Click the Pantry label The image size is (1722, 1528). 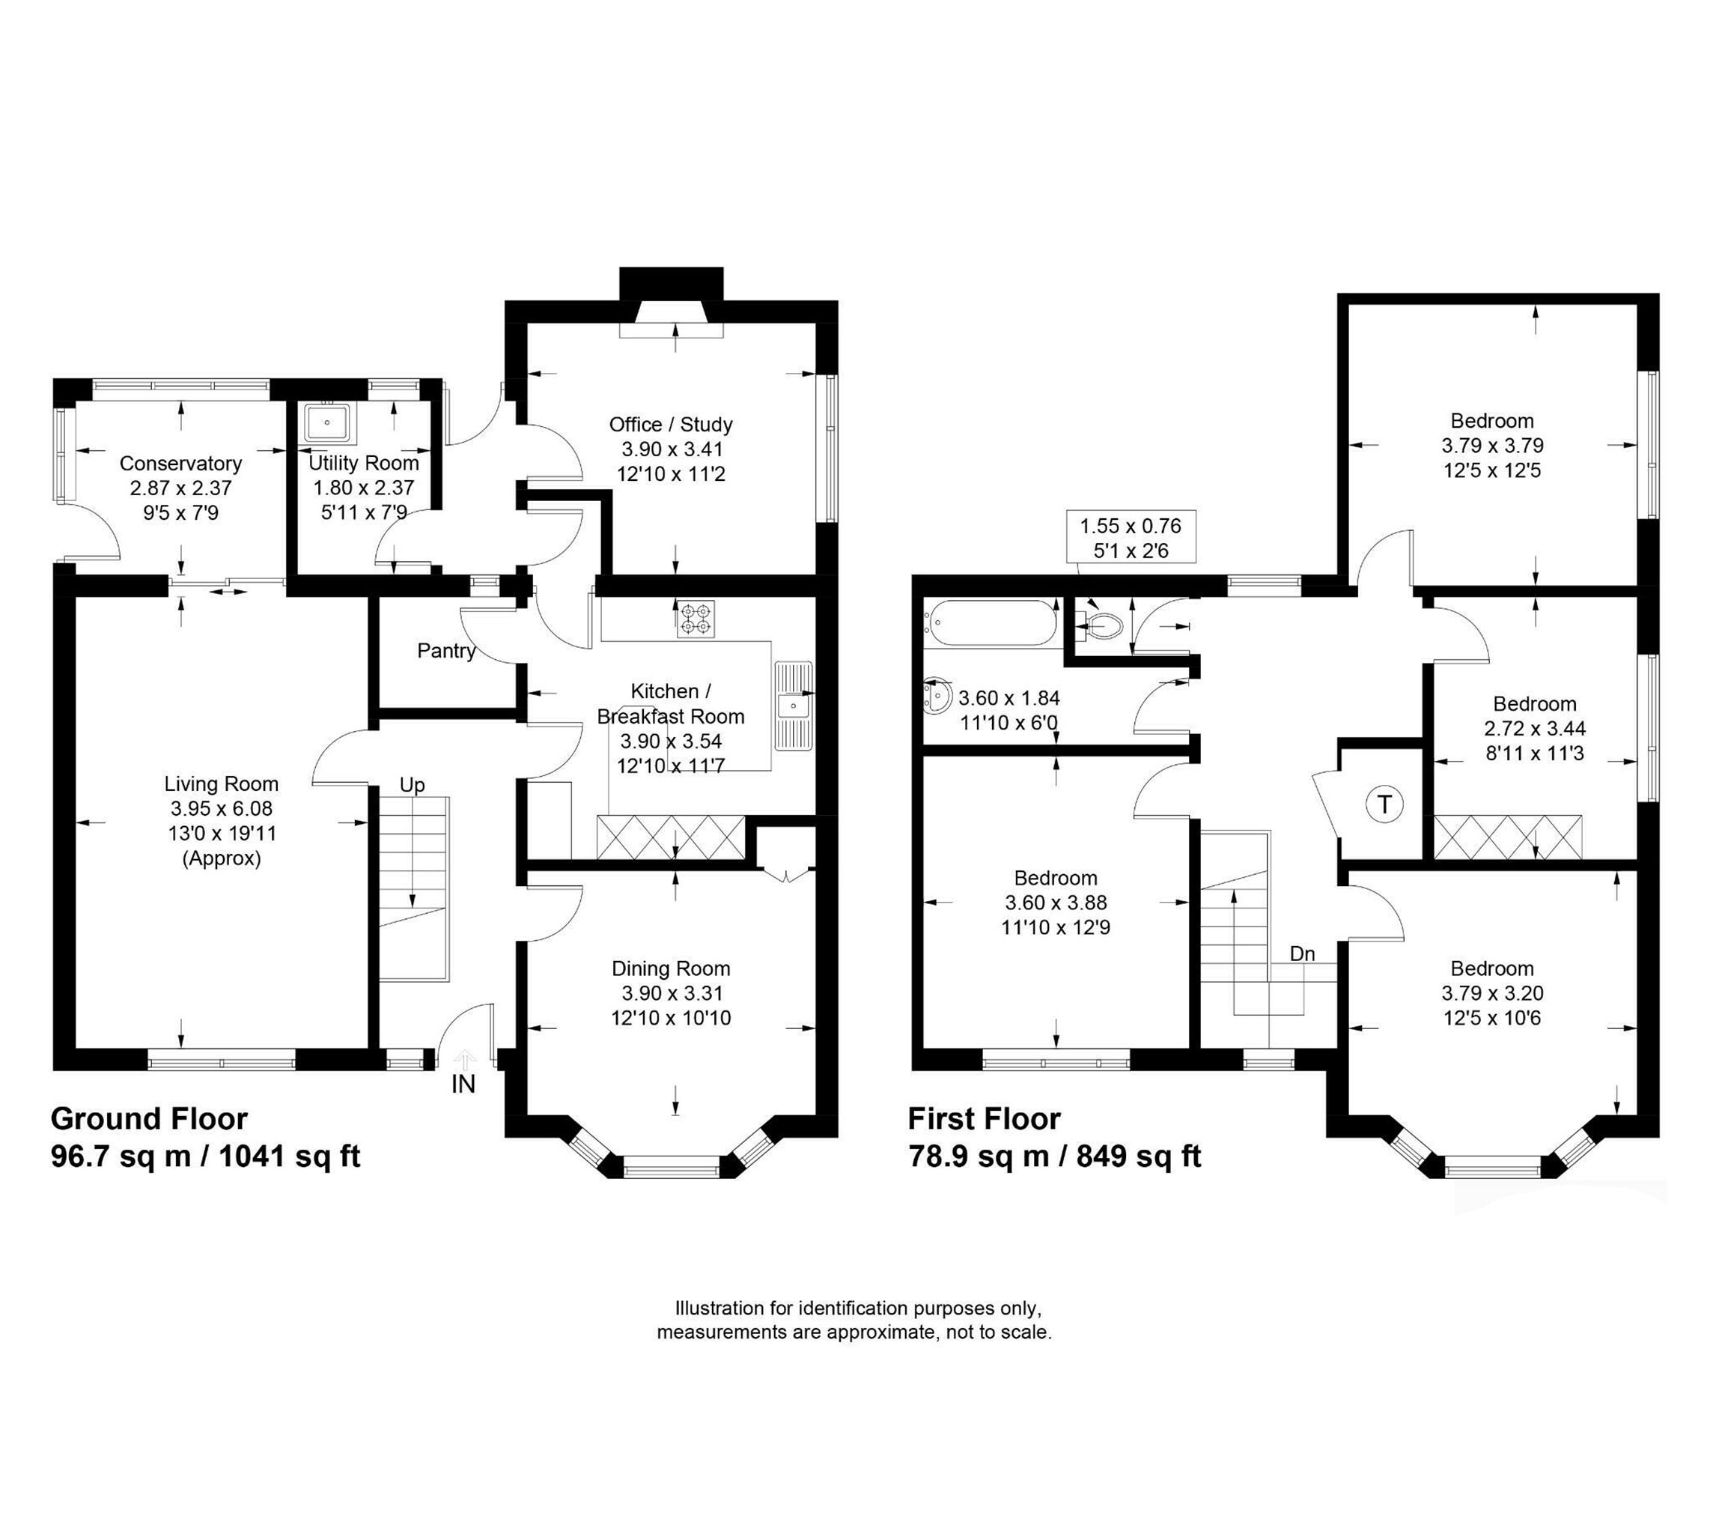pos(445,651)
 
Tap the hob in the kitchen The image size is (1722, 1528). pos(696,619)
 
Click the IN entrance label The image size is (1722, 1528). pos(463,1085)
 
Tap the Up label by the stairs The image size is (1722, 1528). pos(412,786)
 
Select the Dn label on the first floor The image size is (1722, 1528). pos(1303,954)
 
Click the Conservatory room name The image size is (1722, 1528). pos(180,464)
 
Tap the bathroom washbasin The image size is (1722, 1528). pos(937,697)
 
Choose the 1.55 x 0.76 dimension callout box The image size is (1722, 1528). pos(1131,537)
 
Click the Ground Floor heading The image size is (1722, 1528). pos(149,1119)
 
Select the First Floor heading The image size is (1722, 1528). pos(984,1119)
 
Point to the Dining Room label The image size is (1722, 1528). pos(671,969)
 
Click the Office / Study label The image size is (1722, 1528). pos(671,425)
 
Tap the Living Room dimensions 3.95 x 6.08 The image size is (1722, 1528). pos(222,809)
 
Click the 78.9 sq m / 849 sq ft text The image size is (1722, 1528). pos(1055,1156)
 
